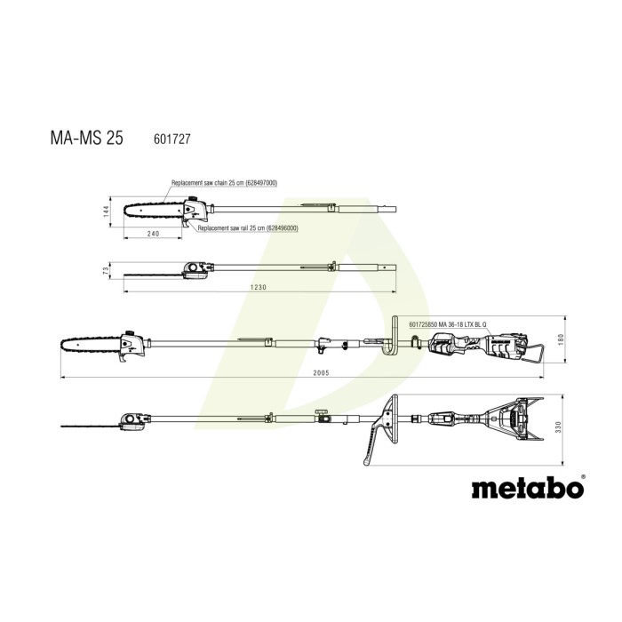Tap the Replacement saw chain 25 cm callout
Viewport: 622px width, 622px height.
[x=224, y=183]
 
